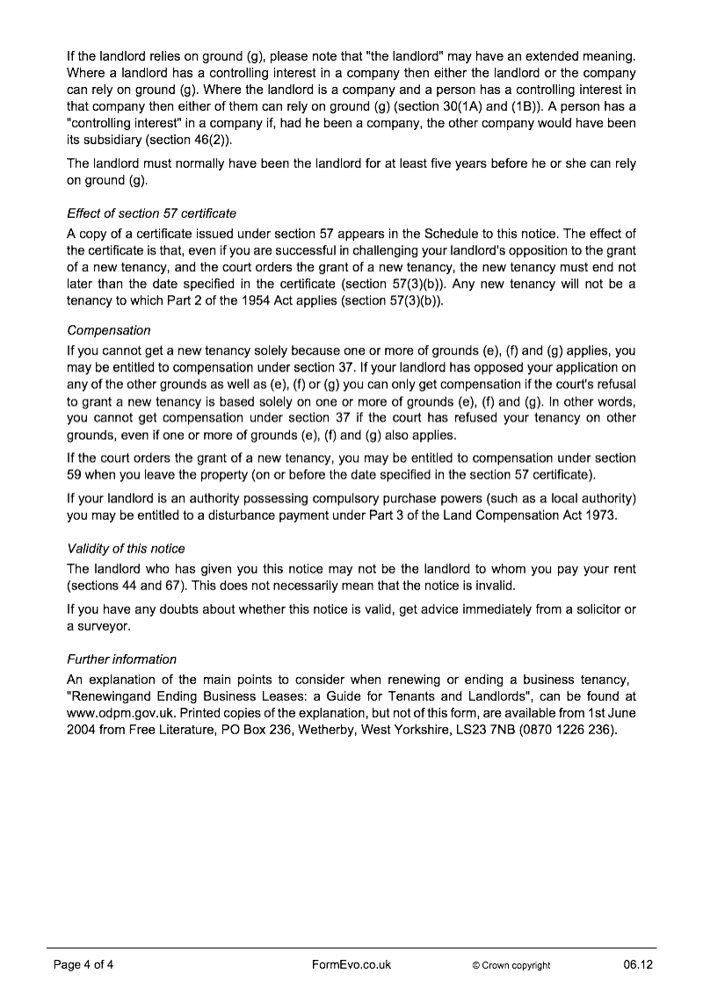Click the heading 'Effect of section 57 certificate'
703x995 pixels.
[151, 213]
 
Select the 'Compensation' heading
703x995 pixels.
[109, 330]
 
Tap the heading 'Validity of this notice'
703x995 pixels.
[126, 548]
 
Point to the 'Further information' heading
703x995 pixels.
[121, 659]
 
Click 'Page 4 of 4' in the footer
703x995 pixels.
[84, 964]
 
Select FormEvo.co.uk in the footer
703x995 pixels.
[351, 964]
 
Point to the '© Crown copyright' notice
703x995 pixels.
[511, 965]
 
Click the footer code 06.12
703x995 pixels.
[639, 964]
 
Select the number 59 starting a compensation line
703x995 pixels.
[75, 475]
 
